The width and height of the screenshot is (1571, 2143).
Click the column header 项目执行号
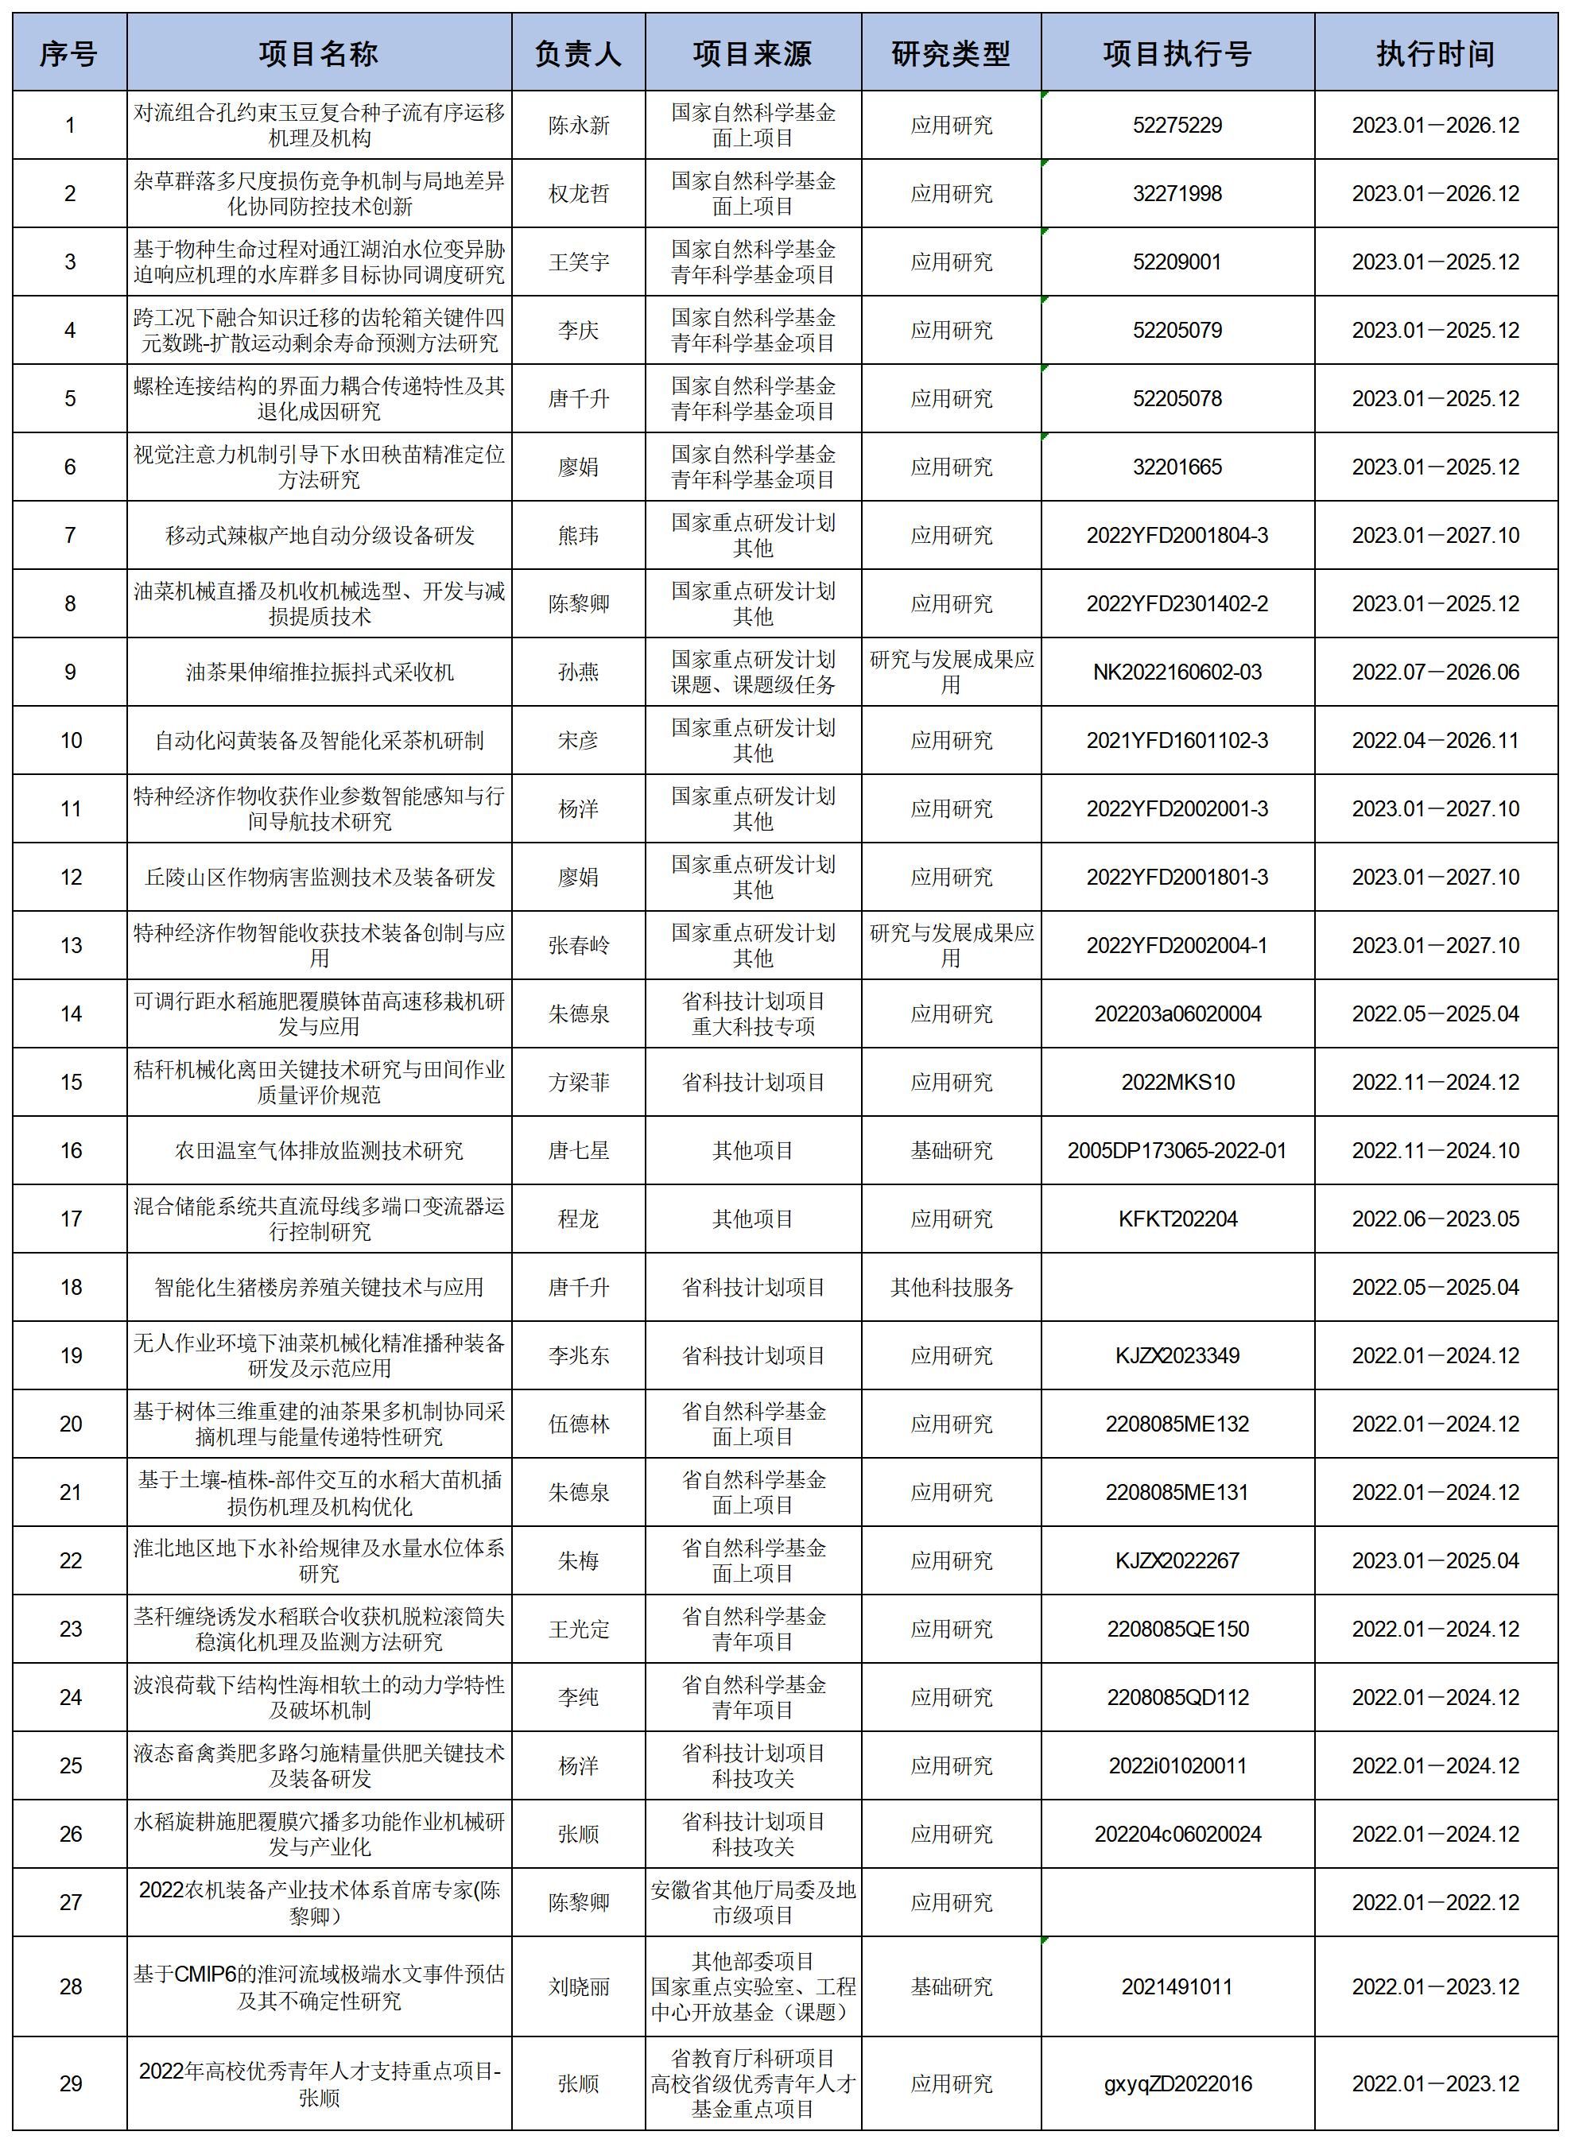[x=1177, y=54]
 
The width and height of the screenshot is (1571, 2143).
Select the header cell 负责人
[x=578, y=54]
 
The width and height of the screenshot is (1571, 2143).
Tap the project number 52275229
[x=1177, y=126]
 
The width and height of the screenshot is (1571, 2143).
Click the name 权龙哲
[x=578, y=194]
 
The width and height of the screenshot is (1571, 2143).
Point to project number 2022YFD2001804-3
[x=1177, y=535]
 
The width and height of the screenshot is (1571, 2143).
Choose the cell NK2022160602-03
[x=1177, y=672]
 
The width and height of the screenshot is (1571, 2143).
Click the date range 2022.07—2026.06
[x=1435, y=672]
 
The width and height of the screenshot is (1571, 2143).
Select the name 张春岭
[x=578, y=945]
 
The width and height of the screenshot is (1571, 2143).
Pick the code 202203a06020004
[x=1177, y=1013]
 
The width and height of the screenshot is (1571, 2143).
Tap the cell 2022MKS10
[x=1177, y=1082]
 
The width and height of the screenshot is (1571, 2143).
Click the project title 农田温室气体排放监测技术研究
[x=319, y=1150]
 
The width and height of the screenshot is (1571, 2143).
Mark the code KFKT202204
[x=1177, y=1219]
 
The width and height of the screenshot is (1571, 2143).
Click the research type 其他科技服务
[x=951, y=1288]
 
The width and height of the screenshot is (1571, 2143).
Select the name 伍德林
[x=578, y=1424]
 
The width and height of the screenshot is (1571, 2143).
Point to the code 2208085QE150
[x=1177, y=1629]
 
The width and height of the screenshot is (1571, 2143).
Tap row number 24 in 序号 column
[x=71, y=1697]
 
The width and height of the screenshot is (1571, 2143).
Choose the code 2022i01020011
[x=1177, y=1765]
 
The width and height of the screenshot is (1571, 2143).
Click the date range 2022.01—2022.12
[x=1435, y=1902]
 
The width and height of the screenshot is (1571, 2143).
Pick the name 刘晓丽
[x=578, y=1987]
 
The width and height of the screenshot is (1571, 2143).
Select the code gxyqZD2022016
[x=1177, y=2084]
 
